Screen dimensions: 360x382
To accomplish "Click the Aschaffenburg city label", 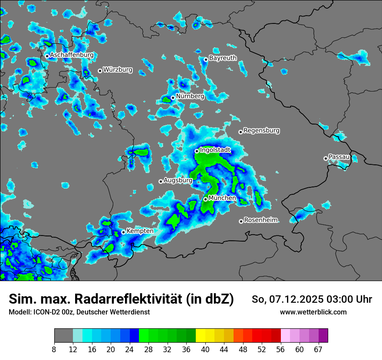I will (72, 55).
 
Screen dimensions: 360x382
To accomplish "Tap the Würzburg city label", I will (118, 70).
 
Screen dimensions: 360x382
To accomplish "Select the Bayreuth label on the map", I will (223, 58).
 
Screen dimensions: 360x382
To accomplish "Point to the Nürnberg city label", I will (190, 96).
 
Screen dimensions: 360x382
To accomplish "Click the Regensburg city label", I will (261, 131).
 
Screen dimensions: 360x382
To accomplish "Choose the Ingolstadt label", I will (215, 150).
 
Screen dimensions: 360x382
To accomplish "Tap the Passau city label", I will (339, 157).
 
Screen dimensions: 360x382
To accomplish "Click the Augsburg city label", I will (178, 180).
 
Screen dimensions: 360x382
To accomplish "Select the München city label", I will (222, 198).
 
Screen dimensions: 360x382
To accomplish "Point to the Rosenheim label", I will (260, 220).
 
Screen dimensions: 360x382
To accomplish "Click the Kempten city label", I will (140, 231).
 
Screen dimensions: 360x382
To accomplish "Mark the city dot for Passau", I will (326, 158).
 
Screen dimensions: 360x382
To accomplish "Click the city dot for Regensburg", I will (240, 132).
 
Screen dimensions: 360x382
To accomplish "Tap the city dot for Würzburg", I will (100, 71).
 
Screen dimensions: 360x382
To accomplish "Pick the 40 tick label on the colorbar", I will (205, 350).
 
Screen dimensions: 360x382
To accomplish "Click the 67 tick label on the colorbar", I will (318, 350).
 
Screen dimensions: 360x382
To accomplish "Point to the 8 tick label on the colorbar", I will (54, 350).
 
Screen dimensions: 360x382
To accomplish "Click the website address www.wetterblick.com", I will (313, 312).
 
